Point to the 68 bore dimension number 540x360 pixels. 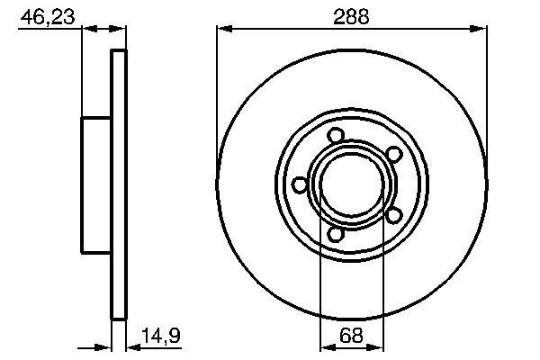pyautogui.click(x=352, y=339)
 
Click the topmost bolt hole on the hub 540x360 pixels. pyautogui.click(x=337, y=135)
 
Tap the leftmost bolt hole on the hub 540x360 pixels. pyautogui.click(x=301, y=184)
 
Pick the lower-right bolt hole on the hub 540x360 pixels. pyautogui.click(x=393, y=215)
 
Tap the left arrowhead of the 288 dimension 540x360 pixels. pyautogui.click(x=223, y=30)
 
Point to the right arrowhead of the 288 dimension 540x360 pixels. pyautogui.click(x=481, y=30)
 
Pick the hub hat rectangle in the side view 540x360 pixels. pyautogui.click(x=96, y=184)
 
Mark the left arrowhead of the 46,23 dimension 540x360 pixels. pyautogui.click(x=88, y=30)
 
